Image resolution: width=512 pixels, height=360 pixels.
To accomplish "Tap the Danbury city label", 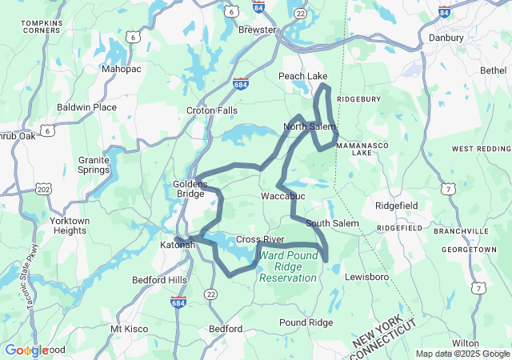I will [446, 38].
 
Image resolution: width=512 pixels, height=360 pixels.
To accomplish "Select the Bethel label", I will [493, 70].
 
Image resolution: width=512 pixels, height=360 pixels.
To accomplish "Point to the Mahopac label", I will [122, 69].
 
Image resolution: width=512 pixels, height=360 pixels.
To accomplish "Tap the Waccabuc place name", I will [281, 195].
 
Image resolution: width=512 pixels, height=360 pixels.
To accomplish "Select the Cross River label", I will [260, 239].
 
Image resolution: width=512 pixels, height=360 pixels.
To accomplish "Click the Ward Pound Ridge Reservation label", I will [288, 266].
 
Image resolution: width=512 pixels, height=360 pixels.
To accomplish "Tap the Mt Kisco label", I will [128, 328].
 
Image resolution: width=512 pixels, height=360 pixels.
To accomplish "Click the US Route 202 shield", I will [44, 189].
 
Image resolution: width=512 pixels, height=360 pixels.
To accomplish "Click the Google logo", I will [26, 350].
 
